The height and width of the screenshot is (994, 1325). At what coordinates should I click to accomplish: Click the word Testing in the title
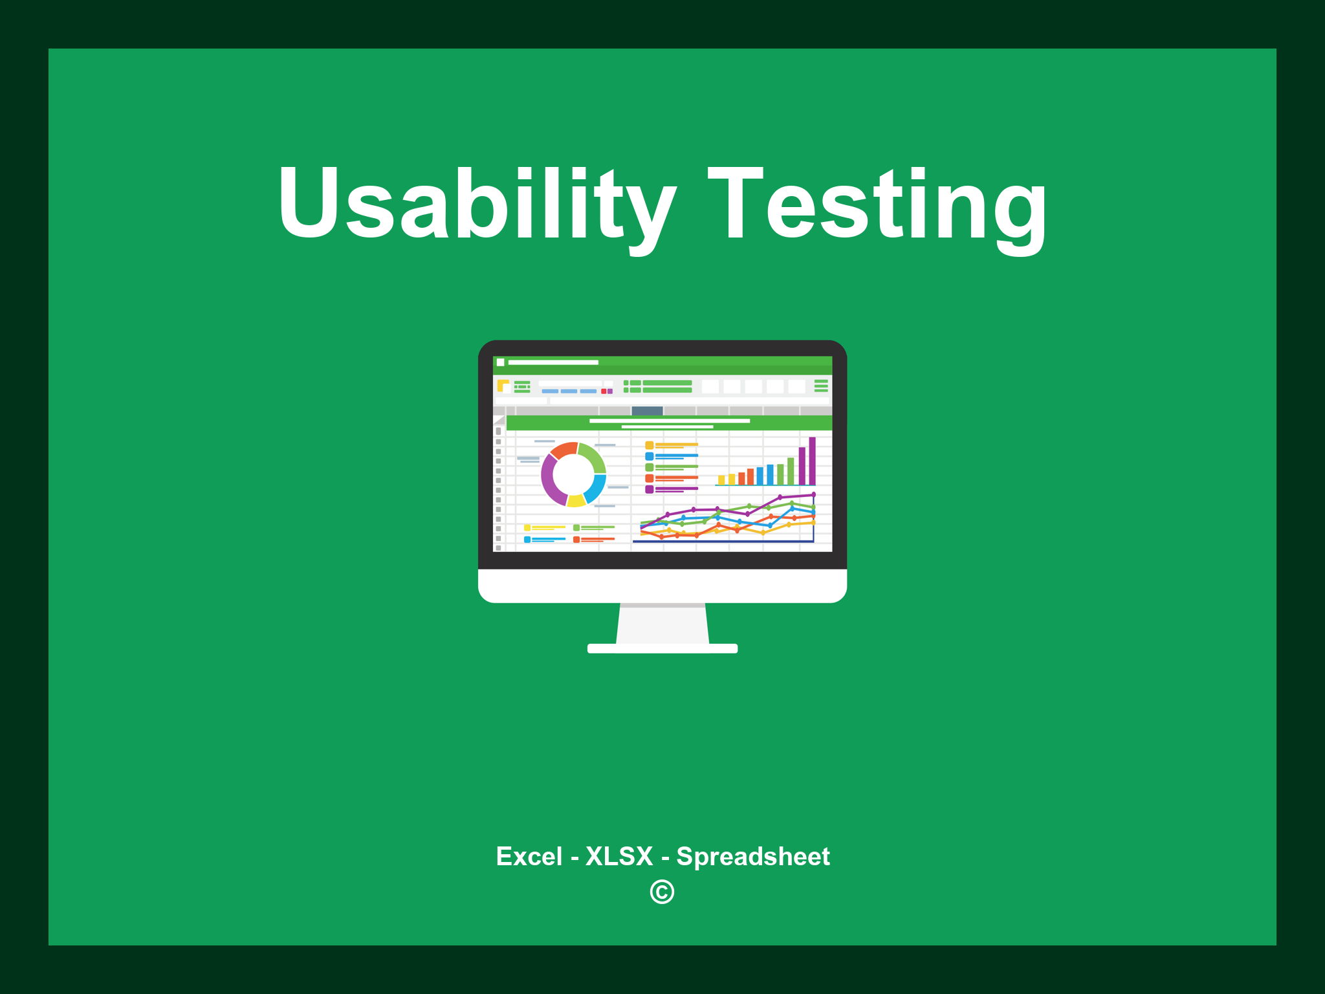click(877, 206)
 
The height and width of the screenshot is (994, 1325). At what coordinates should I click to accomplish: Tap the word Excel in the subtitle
click(529, 856)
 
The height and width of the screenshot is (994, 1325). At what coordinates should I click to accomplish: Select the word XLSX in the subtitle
click(619, 856)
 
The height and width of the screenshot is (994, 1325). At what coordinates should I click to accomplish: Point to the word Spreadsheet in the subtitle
click(753, 857)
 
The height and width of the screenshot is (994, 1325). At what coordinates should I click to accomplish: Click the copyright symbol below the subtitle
click(662, 892)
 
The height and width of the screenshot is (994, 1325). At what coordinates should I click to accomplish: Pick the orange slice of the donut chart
click(564, 449)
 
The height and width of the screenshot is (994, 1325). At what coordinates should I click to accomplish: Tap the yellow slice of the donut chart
click(576, 501)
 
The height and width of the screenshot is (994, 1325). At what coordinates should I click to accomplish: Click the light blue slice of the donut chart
click(596, 488)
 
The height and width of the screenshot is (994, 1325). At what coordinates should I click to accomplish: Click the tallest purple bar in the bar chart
click(812, 461)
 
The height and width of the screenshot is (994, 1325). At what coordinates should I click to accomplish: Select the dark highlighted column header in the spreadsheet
click(647, 410)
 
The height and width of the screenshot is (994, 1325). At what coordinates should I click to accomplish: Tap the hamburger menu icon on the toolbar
click(821, 386)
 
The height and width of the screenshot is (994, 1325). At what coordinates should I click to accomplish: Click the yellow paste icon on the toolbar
click(503, 386)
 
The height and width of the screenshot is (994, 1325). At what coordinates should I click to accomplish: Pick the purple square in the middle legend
click(649, 489)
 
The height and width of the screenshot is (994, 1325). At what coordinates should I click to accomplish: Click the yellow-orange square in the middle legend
click(649, 445)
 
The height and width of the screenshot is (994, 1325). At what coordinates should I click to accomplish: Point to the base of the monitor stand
click(662, 648)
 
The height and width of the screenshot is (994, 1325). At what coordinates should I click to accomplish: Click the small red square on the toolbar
click(604, 391)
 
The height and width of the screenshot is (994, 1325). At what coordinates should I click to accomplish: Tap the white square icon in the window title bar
click(500, 362)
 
